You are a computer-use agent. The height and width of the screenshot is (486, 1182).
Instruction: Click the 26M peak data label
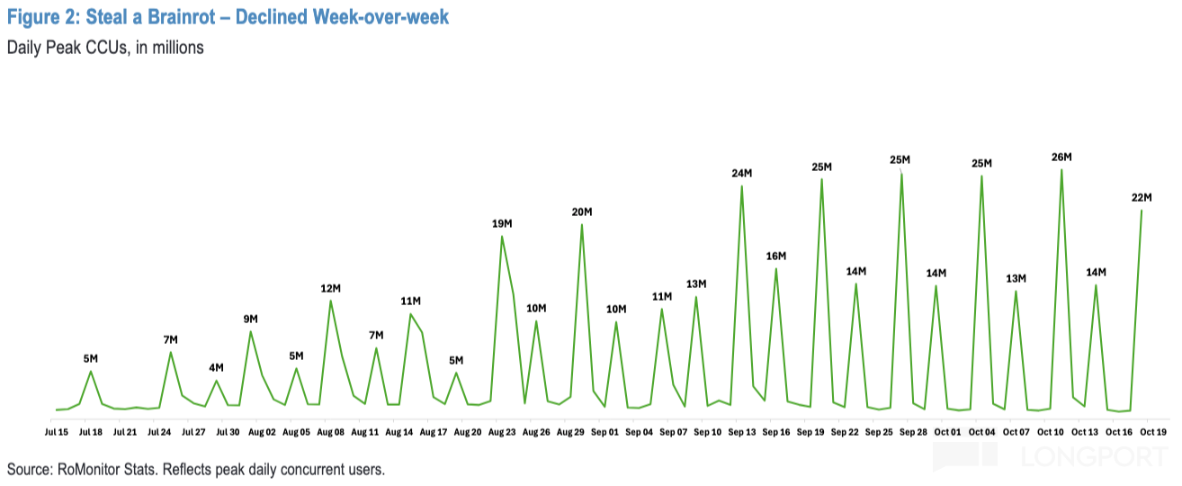pos(1061,157)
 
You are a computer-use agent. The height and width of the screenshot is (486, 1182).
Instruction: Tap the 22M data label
pos(1142,198)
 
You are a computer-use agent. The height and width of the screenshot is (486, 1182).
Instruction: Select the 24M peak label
pos(742,174)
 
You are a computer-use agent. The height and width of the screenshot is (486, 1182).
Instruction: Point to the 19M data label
pos(502,223)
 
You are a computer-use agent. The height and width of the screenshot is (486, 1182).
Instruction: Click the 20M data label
pos(582,212)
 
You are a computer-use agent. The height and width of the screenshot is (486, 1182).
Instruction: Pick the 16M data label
pos(776,256)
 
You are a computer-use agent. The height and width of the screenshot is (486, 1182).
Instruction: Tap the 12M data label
pos(330,288)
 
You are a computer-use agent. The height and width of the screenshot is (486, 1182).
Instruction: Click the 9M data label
pos(250,319)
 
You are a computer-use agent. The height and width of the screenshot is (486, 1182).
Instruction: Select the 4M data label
pos(216,367)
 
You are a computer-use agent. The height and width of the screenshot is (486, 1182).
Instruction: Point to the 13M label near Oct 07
pos(1016,278)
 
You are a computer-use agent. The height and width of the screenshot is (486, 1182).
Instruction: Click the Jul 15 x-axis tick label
pos(56,433)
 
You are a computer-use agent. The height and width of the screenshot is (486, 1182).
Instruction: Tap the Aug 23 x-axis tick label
pos(502,433)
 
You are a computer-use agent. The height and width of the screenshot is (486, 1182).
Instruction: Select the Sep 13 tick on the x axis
pos(742,433)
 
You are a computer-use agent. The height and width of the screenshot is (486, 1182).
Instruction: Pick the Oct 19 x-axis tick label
pos(1154,433)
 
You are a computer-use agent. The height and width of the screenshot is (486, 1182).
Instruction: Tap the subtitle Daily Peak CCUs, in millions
pos(105,48)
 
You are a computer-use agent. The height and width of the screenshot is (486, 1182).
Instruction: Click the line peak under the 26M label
pos(1061,169)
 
